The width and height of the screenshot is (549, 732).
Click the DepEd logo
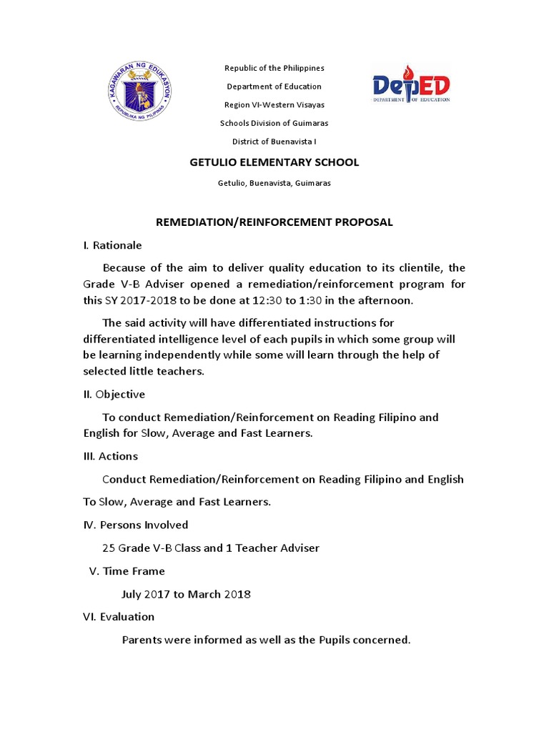click(x=411, y=84)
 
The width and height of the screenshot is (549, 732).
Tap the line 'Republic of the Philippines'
click(x=274, y=68)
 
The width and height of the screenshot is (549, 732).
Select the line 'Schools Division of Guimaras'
click(x=274, y=123)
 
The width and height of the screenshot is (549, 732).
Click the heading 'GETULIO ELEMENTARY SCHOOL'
click(x=274, y=162)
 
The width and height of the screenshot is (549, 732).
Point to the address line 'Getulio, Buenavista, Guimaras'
click(x=274, y=183)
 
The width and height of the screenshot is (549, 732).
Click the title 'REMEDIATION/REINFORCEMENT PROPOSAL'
click(x=274, y=222)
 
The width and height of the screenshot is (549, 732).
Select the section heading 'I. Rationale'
click(x=112, y=245)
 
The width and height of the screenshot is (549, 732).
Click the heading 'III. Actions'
click(x=111, y=456)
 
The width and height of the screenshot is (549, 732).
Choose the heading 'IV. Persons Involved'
click(x=136, y=525)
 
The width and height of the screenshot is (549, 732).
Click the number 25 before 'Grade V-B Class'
click(x=109, y=548)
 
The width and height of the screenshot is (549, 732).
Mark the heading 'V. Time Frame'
click(x=127, y=571)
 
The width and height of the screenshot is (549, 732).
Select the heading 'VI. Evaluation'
click(x=119, y=616)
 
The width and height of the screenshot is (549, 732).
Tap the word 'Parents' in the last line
click(x=142, y=640)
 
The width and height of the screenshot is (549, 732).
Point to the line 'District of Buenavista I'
click(x=274, y=142)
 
